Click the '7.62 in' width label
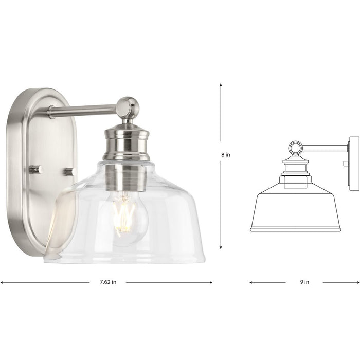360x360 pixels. (107, 282)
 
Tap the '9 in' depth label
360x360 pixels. (304, 282)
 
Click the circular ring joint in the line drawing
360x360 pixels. (295, 149)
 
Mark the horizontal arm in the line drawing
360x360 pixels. (324, 148)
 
